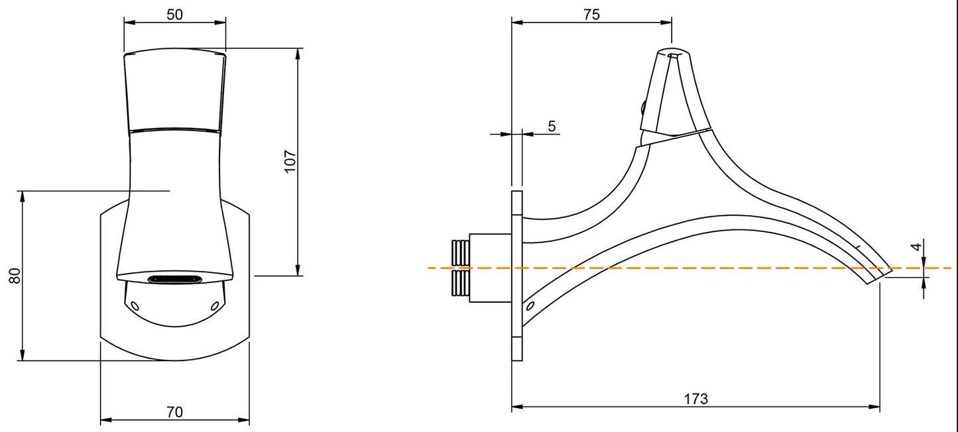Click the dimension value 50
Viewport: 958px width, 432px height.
tap(174, 14)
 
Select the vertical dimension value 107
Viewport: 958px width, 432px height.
tap(290, 162)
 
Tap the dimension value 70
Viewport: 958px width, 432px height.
tap(174, 412)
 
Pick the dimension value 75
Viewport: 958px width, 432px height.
tap(591, 15)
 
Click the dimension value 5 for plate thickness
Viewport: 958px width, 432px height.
tap(552, 126)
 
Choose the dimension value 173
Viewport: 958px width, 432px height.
tap(695, 399)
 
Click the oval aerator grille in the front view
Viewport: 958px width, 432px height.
tap(174, 280)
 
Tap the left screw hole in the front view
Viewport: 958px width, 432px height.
tap(135, 305)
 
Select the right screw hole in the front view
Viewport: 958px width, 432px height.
tap(214, 305)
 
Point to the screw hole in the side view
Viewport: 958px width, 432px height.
tap(530, 306)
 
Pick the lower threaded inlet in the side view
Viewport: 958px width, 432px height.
tap(460, 283)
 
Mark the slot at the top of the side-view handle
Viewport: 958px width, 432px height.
tap(672, 56)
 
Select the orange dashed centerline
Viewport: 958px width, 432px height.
tap(729, 268)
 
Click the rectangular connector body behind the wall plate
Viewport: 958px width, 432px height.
tap(490, 268)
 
